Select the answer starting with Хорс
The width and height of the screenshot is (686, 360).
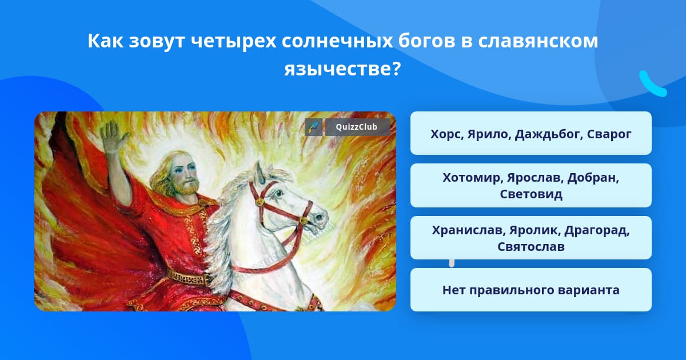pos(531,133)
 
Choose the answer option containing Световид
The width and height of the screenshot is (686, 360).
pos(531,186)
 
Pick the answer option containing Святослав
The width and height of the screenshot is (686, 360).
pos(531,238)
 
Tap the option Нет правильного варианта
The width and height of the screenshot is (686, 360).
pos(531,290)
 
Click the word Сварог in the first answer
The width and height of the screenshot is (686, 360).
pos(609,134)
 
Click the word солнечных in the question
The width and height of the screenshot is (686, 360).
pos(337,41)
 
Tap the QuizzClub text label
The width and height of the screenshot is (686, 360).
pos(356,127)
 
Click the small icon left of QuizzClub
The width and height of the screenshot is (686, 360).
pos(314,127)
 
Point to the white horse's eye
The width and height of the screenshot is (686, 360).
pos(278,194)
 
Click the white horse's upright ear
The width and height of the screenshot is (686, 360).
pos(260,172)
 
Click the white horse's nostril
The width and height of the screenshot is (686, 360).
pos(320,217)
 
